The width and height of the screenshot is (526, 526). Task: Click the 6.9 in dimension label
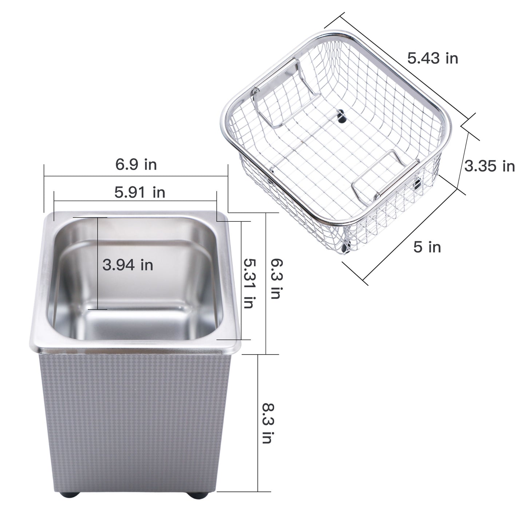[136, 165]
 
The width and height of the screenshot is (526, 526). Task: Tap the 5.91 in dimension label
[140, 193]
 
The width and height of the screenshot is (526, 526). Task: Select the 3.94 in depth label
[128, 265]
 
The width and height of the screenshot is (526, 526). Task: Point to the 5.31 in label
[249, 284]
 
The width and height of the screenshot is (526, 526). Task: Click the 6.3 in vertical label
[276, 279]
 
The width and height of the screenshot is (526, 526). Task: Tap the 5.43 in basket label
[433, 58]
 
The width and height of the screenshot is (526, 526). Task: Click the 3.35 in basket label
[490, 166]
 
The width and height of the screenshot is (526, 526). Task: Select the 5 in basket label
[427, 247]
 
